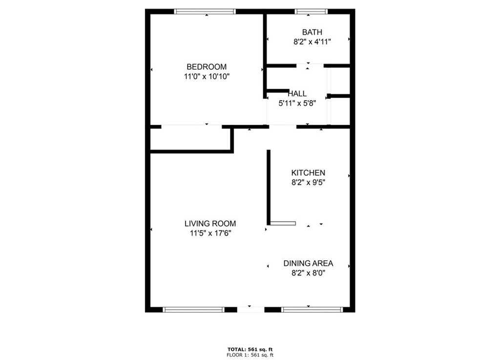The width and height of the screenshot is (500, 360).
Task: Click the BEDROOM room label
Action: point(207,67)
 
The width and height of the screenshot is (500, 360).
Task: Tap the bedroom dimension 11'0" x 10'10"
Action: point(207,76)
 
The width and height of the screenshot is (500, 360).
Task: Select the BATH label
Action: point(312,33)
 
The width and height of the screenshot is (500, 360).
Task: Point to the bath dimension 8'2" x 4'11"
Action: point(312,42)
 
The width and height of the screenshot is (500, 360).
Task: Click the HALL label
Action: point(297,94)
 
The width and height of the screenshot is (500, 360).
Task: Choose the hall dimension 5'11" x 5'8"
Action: point(297,103)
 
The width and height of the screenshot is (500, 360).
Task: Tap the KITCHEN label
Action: point(308,173)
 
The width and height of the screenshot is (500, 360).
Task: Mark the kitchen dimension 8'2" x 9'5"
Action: point(308,182)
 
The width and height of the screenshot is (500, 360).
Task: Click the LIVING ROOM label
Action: point(210,224)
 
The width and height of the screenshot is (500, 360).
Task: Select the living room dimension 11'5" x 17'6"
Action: point(210,233)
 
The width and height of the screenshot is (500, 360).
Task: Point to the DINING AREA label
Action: point(308,264)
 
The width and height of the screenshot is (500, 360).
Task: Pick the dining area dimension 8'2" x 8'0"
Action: point(308,273)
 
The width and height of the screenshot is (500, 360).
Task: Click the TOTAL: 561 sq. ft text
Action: point(250,349)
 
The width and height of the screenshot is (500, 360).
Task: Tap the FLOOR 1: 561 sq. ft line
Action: point(250,355)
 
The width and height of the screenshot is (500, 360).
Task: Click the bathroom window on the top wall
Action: point(311,12)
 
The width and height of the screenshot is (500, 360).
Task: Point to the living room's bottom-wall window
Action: point(193,309)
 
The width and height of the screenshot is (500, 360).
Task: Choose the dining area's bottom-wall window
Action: point(312,309)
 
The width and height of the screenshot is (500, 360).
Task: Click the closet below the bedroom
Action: point(190,139)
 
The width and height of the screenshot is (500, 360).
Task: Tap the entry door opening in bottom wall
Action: point(250,309)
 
